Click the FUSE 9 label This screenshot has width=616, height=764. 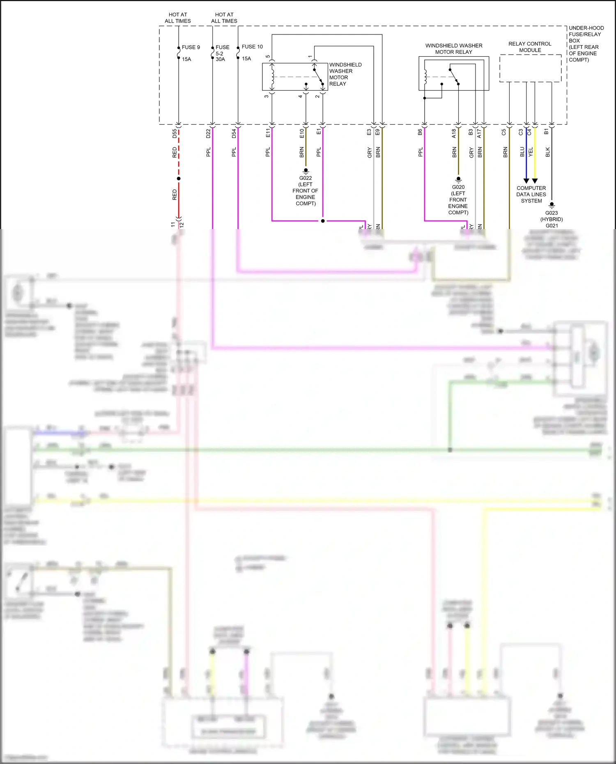coord(191,48)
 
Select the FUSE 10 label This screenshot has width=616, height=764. coord(252,47)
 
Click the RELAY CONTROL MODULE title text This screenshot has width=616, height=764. coord(530,47)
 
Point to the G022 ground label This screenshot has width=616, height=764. coord(305,178)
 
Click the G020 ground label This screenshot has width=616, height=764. coord(458,187)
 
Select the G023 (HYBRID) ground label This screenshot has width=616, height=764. coord(552,216)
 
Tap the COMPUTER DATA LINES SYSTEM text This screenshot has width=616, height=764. coord(531,195)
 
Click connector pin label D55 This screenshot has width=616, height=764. coord(175,133)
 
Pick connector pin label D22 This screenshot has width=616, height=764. coord(208,133)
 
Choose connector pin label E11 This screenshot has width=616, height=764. coord(268,133)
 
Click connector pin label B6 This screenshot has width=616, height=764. coord(420,132)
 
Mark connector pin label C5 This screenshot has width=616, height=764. coord(504,132)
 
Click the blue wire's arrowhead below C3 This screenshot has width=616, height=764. coord(526,181)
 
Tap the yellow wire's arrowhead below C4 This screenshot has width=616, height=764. coord(535,181)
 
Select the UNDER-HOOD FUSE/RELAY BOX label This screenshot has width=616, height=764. coord(586,44)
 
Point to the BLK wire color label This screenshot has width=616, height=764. coord(547,152)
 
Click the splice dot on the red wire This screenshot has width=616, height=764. coord(179,179)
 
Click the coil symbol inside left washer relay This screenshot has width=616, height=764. coord(272,76)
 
